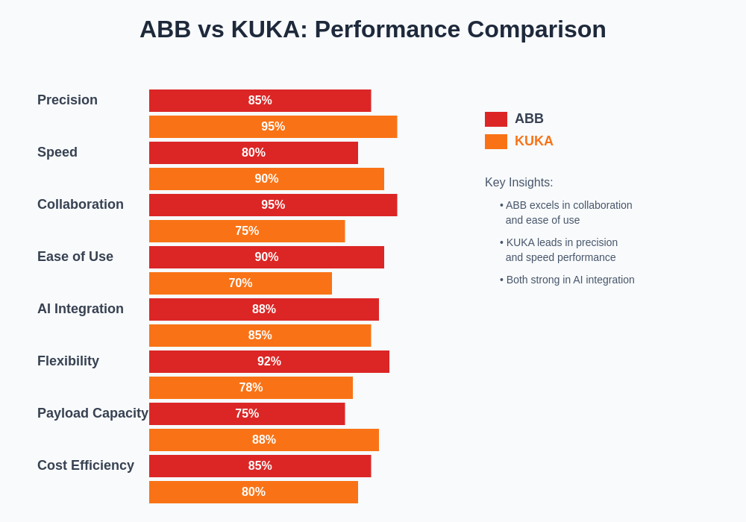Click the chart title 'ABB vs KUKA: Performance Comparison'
pos(372,29)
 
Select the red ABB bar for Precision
pos(260,101)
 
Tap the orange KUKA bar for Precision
pos(273,127)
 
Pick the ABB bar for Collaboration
pos(273,205)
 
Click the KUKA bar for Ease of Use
pos(240,283)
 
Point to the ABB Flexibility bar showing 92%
pos(269,362)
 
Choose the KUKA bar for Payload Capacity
pos(264,440)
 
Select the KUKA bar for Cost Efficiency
pos(254,492)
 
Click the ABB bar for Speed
pos(254,153)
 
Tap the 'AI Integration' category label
pos(81,309)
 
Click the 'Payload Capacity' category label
pos(93,413)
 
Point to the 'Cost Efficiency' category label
pos(86,465)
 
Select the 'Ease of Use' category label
pos(75,257)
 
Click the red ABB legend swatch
pos(496,119)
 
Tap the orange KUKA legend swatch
pos(496,142)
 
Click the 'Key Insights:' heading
pos(519,183)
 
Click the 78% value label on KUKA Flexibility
pos(251,388)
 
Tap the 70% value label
pos(240,283)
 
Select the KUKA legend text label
pos(534,141)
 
